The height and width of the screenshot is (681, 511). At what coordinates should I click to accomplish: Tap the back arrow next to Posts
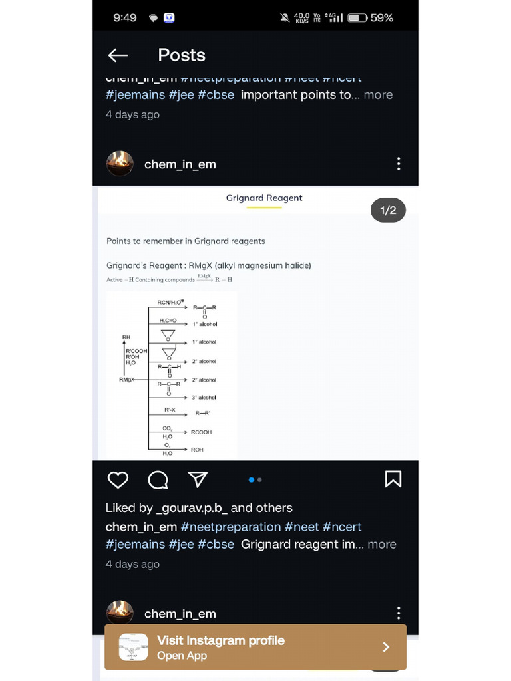[118, 55]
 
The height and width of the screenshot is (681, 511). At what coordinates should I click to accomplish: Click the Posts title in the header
[182, 55]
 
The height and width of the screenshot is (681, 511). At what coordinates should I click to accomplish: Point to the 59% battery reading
[381, 18]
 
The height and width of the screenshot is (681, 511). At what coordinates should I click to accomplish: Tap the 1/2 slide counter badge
[388, 211]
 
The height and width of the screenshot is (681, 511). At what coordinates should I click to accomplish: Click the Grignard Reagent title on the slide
[264, 198]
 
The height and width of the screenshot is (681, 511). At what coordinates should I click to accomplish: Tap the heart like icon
[118, 479]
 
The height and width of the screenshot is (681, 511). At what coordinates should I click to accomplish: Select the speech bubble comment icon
[158, 479]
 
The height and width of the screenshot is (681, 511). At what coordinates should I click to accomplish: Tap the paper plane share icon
[198, 479]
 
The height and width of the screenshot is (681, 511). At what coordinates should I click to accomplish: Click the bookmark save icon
[393, 479]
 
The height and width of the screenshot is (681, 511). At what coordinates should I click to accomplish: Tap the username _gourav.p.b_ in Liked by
[192, 508]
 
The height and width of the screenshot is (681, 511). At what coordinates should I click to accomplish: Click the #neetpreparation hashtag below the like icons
[230, 527]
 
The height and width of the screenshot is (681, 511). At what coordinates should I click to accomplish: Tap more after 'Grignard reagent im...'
[381, 544]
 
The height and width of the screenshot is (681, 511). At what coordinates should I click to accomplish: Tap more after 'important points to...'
[378, 95]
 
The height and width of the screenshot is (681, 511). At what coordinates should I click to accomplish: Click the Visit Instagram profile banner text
[220, 640]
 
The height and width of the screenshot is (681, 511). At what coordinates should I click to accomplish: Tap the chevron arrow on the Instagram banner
[386, 647]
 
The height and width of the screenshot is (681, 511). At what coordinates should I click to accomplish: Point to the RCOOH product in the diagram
[201, 432]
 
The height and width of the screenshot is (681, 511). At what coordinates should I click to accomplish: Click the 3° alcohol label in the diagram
[204, 397]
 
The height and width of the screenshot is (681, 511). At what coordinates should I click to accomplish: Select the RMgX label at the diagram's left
[126, 380]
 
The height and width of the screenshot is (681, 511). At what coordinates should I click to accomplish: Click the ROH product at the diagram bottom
[197, 450]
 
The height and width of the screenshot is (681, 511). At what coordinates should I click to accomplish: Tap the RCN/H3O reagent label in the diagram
[171, 302]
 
